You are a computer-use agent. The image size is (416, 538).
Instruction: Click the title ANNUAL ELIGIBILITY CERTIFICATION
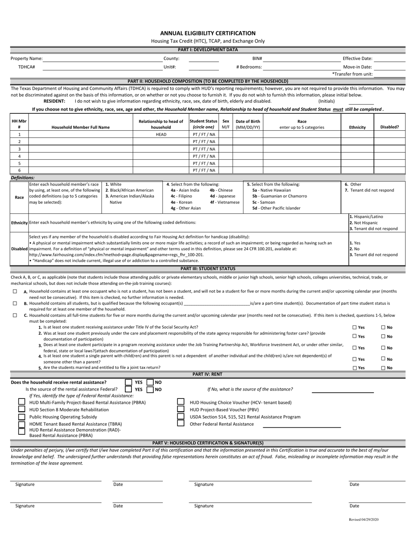[208, 33]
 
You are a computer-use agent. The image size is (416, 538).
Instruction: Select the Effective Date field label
[357, 58]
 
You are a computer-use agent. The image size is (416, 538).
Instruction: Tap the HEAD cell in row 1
[161, 134]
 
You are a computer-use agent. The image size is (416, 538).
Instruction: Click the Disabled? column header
[389, 127]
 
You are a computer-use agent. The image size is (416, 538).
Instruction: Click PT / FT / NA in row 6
[204, 170]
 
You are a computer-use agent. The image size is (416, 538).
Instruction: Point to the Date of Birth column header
[247, 124]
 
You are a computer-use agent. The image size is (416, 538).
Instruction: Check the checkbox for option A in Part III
[15, 291]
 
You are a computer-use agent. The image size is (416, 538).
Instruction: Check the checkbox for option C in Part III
[15, 315]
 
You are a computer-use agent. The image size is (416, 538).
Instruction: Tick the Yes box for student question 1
[355, 327]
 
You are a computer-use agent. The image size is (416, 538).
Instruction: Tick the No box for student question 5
[384, 368]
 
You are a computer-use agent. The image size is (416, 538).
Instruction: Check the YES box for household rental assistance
[129, 382]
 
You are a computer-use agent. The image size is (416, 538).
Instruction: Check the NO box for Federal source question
[150, 389]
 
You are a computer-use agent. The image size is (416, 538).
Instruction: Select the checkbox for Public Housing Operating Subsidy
[21, 416]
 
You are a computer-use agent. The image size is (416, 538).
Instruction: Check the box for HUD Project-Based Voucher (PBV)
[180, 409]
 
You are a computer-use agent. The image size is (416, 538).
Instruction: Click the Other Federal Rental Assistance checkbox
[180, 423]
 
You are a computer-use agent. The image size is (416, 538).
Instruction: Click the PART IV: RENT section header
[208, 374]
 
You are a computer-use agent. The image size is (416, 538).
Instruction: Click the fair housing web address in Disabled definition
[116, 255]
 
